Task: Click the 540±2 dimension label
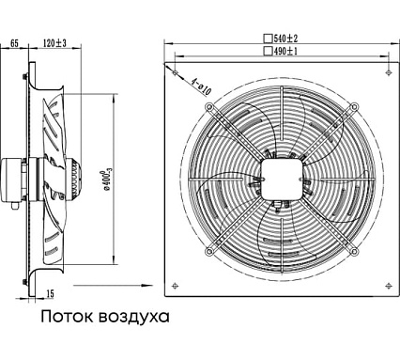285,39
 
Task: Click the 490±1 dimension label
285,51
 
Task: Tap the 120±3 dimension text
54,43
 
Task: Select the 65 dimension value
15,43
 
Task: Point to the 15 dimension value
50,293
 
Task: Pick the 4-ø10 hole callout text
202,86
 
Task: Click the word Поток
67,317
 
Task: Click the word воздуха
134,317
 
